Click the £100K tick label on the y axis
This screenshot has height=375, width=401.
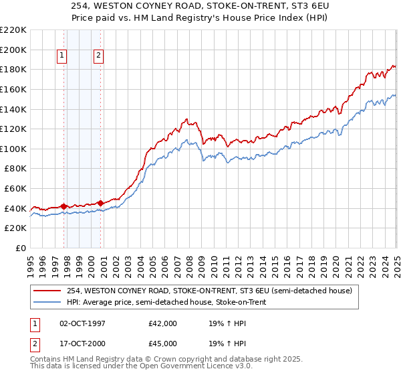[x=13, y=149]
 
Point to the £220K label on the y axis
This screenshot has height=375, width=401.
[x=13, y=30]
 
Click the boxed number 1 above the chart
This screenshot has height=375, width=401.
[x=61, y=56]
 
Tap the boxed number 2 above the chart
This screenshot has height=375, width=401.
[x=98, y=56]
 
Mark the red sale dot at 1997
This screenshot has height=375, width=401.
[x=64, y=206]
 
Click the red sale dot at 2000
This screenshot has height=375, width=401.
[x=101, y=203]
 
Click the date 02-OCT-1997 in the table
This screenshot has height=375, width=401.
[x=84, y=323]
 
